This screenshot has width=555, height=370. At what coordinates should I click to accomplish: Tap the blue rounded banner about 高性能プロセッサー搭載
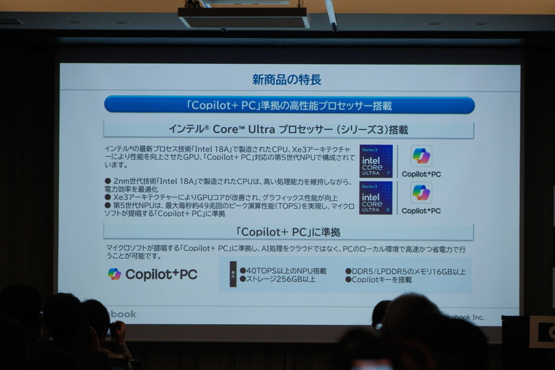point(289,106)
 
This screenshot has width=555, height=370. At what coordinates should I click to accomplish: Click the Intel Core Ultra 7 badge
point(376,161)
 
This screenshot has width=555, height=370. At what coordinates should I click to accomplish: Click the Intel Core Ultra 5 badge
point(376,198)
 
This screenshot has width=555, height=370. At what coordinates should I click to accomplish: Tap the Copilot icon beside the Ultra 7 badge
point(421,156)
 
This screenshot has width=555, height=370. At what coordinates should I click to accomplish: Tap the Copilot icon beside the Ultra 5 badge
point(421,192)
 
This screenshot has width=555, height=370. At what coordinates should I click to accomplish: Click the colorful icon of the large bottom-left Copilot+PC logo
point(114,274)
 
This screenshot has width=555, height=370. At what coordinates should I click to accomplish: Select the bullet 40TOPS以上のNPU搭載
point(283,270)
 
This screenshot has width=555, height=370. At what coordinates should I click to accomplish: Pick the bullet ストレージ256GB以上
point(277,279)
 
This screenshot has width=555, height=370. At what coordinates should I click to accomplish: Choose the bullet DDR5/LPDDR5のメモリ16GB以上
point(405,271)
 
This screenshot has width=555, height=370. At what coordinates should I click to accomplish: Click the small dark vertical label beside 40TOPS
point(232,275)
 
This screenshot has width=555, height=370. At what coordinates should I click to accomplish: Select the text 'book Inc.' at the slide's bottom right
point(468,317)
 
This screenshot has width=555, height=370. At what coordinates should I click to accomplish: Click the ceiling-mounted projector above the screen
point(244,16)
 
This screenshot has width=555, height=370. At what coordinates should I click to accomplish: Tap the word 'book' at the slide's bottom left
point(123,314)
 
